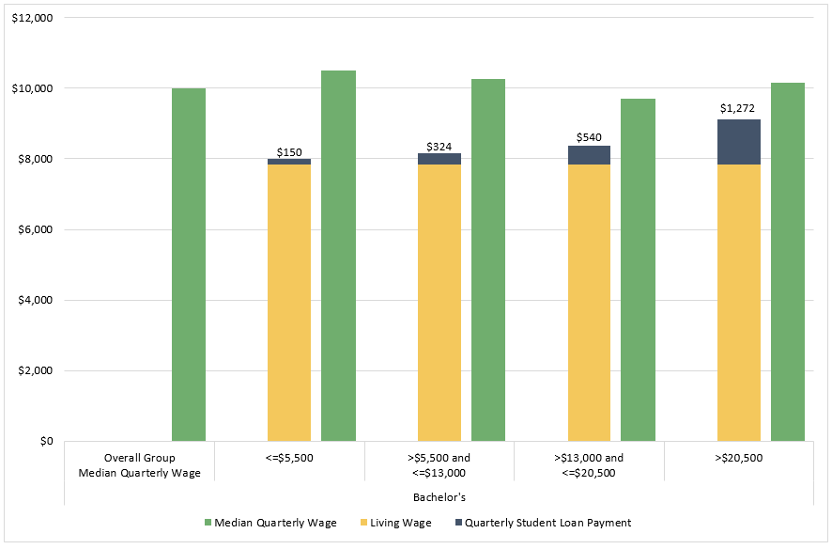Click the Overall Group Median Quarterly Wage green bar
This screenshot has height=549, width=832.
(x=189, y=264)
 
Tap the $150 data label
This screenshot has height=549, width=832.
(x=289, y=151)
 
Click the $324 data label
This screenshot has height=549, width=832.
(x=439, y=147)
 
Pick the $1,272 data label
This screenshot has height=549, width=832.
(x=738, y=108)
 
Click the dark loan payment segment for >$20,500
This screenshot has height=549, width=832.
(x=739, y=142)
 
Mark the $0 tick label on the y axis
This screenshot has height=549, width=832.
(x=46, y=441)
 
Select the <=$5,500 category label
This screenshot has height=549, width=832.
(x=289, y=458)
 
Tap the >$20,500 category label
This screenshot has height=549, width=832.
(x=738, y=458)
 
